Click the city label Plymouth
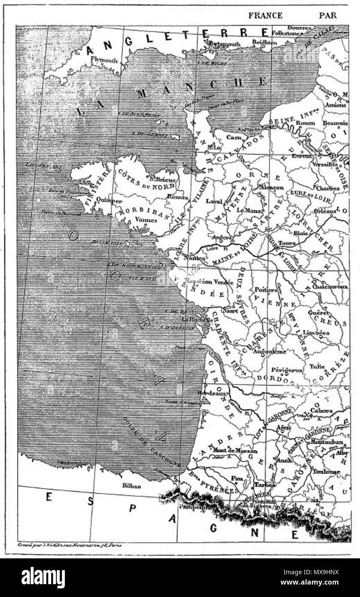pos(104,61)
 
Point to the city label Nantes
pos(193,258)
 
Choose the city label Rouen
pos(305,123)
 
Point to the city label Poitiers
pos(266,290)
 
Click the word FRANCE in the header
pos(265,15)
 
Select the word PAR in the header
pos(328,15)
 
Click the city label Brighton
pos(264,43)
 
